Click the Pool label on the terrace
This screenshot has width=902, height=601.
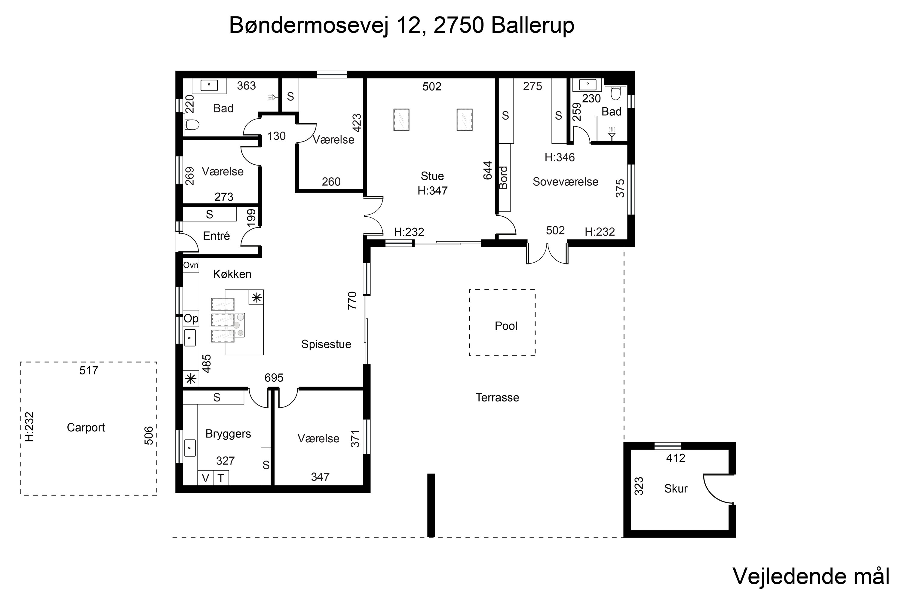click(506, 326)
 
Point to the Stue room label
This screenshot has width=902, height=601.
click(432, 176)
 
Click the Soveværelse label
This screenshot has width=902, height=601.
click(565, 182)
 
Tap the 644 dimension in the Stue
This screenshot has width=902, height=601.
click(487, 171)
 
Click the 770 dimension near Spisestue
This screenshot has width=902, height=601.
click(352, 300)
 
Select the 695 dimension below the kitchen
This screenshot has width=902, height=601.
click(274, 378)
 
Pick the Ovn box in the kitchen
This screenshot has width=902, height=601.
click(191, 265)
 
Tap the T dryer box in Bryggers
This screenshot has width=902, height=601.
click(221, 478)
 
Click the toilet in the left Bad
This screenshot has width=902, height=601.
click(192, 125)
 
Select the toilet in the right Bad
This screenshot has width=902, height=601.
click(616, 93)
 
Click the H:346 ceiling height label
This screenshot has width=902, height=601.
click(560, 157)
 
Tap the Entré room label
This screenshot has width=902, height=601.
click(216, 236)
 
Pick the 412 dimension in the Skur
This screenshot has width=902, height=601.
click(675, 458)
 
